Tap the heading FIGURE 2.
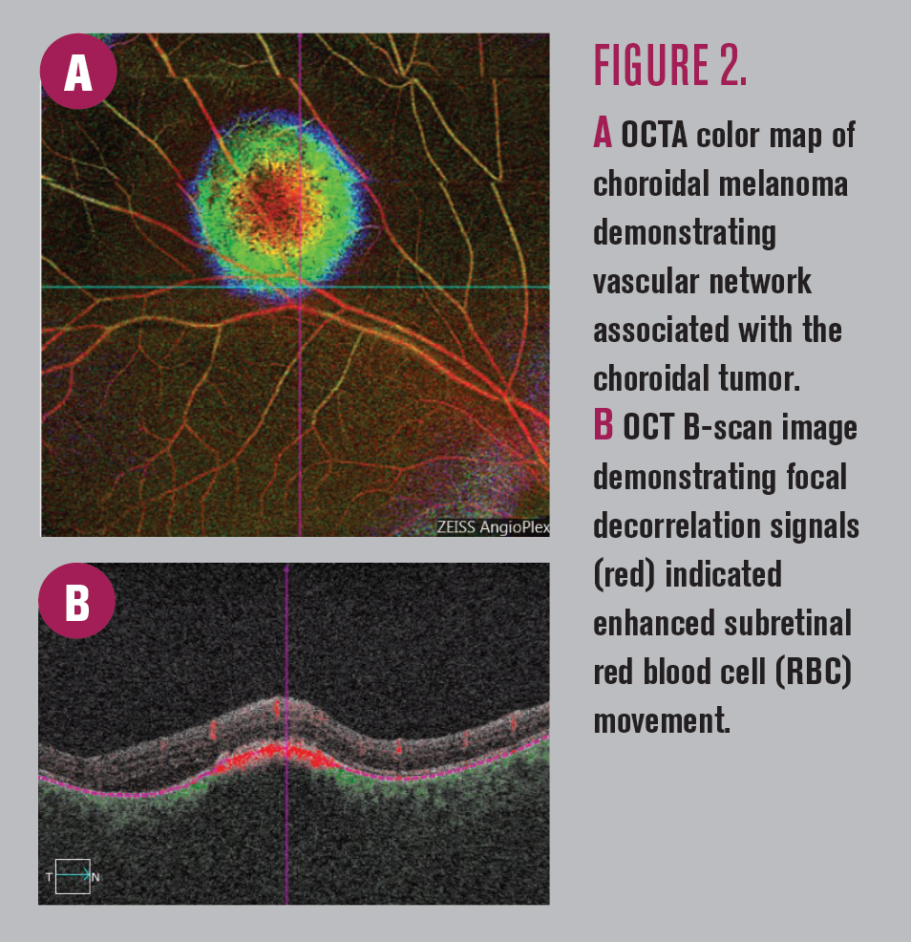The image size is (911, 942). click(669, 65)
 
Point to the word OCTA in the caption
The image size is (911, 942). click(654, 135)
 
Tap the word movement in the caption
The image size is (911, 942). click(661, 720)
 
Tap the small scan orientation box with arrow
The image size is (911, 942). click(73, 876)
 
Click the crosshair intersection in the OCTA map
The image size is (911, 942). click(300, 287)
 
